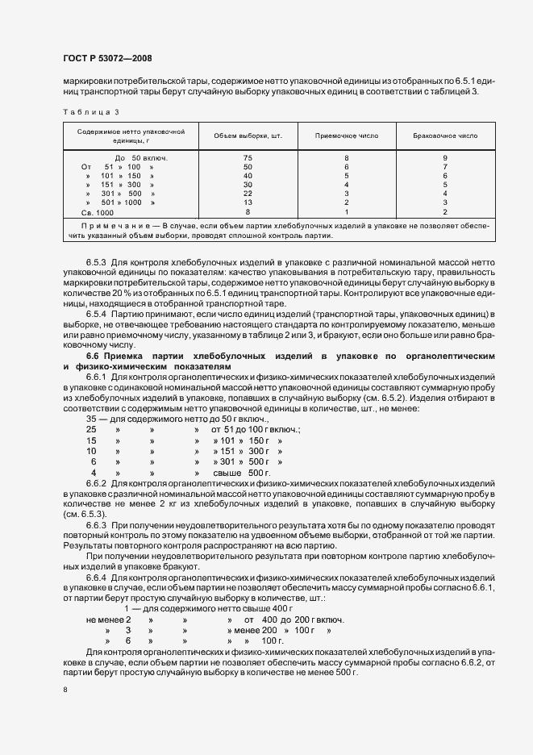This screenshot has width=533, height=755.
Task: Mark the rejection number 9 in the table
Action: (x=444, y=157)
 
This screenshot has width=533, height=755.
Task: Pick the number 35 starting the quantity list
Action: (x=92, y=419)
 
